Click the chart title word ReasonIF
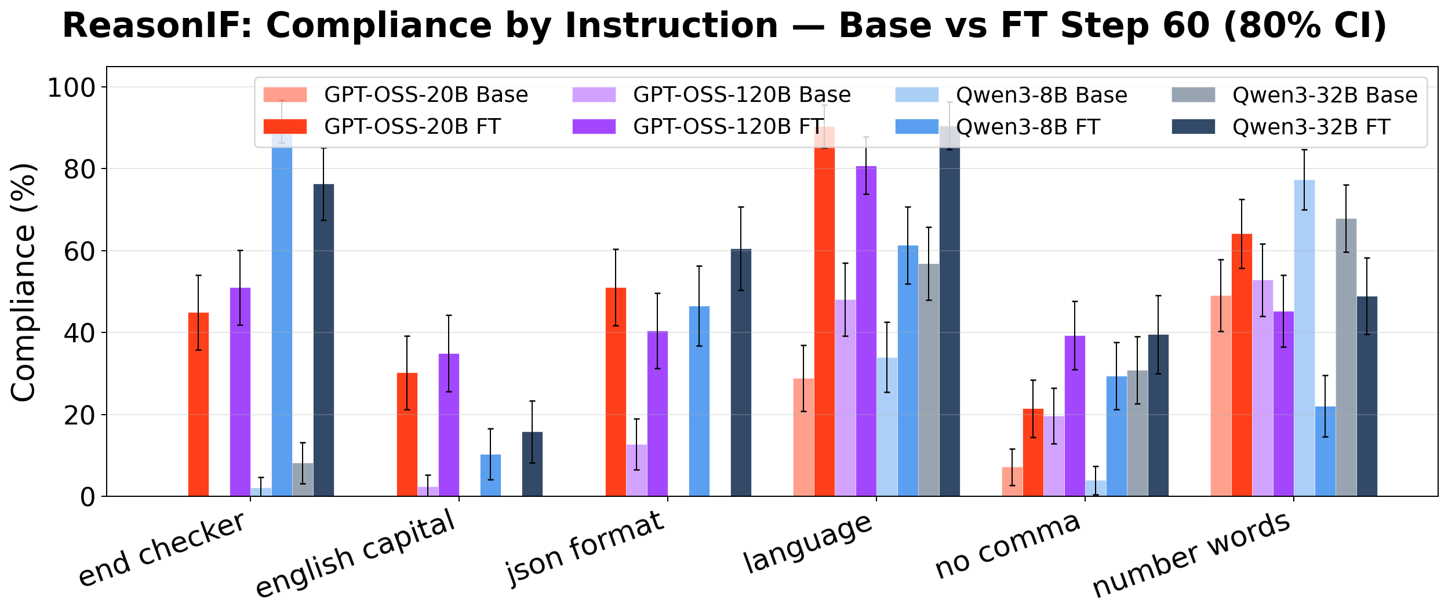157,27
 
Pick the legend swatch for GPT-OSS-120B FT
594,127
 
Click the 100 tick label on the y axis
71,88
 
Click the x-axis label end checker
162,550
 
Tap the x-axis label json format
585,547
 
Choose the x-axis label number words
1191,555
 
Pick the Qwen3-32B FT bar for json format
741,374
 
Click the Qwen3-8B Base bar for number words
1304,339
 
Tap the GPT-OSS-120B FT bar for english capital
449,426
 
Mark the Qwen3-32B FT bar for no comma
1158,416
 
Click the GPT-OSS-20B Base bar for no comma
1012,482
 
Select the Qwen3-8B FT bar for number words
1325,452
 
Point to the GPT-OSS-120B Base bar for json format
636,470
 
